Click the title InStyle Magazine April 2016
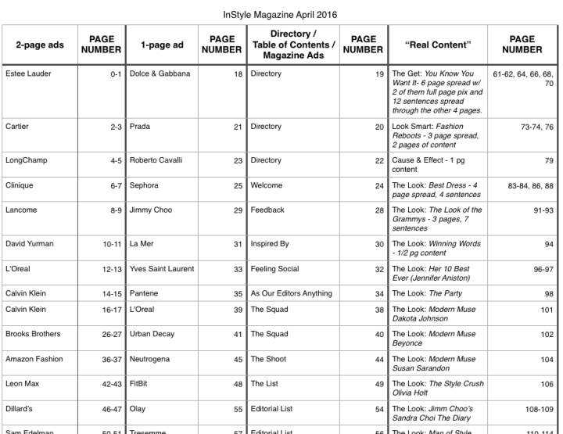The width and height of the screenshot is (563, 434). click(x=281, y=15)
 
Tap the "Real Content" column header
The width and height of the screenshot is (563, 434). click(x=438, y=45)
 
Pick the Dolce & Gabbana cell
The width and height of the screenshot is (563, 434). click(x=160, y=74)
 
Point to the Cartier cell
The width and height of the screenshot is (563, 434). click(x=17, y=127)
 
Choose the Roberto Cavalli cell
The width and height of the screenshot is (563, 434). click(x=156, y=160)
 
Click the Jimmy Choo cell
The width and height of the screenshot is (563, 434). click(x=151, y=210)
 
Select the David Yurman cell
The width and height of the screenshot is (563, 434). click(x=30, y=244)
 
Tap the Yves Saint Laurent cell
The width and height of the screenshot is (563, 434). click(x=162, y=269)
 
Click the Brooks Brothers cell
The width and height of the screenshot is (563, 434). click(x=33, y=334)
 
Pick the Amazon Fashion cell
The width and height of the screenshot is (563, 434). click(x=33, y=359)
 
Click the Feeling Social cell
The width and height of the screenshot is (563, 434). click(x=274, y=269)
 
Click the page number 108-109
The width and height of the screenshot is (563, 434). click(x=537, y=409)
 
